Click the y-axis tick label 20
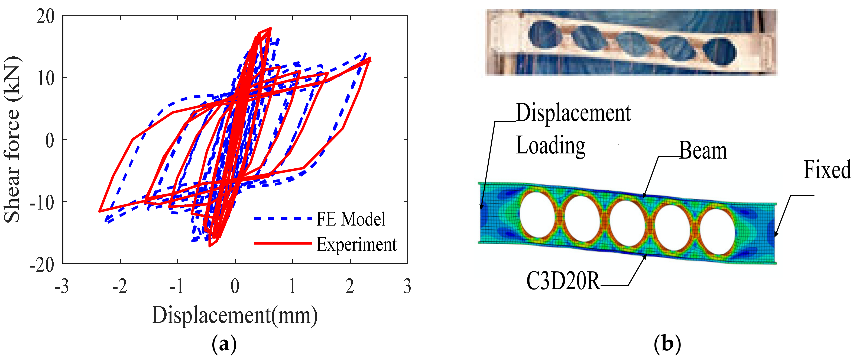pyautogui.click(x=46, y=17)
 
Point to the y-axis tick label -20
pyautogui.click(x=42, y=265)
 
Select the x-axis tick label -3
pyautogui.click(x=62, y=286)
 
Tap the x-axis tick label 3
pyautogui.click(x=407, y=286)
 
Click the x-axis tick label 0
pyautogui.click(x=235, y=286)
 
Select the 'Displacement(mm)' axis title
pyautogui.click(x=235, y=315)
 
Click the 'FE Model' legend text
pyautogui.click(x=351, y=219)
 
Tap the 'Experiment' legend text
pyautogui.click(x=356, y=245)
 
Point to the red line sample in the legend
pyautogui.click(x=283, y=244)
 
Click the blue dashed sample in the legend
pyautogui.click(x=283, y=219)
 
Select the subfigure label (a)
pyautogui.click(x=224, y=344)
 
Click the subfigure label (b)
pyautogui.click(x=667, y=344)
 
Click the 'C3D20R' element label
pyautogui.click(x=563, y=281)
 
